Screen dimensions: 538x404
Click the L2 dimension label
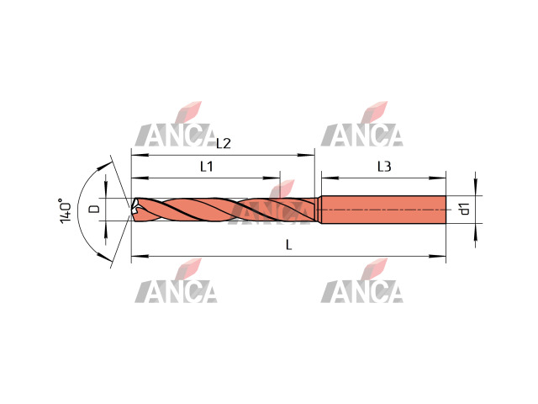[224, 144]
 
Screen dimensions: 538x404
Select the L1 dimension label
[207, 167]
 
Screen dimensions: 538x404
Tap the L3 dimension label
[384, 167]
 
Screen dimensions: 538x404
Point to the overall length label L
[289, 245]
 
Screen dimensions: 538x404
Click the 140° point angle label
[66, 210]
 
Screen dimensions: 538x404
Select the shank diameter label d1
[464, 209]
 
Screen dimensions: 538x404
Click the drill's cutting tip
[132, 208]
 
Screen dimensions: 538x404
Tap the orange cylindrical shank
[383, 210]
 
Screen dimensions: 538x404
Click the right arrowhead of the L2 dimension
[306, 155]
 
